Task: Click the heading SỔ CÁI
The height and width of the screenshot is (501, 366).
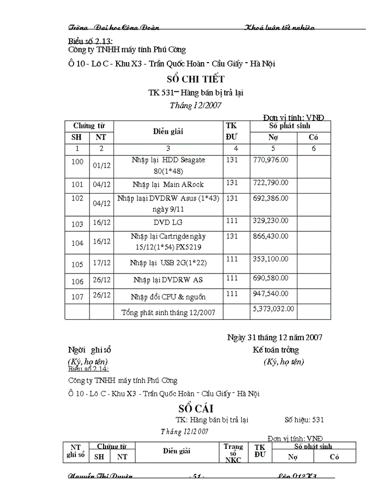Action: (x=196, y=408)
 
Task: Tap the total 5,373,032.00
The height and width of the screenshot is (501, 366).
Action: (x=273, y=308)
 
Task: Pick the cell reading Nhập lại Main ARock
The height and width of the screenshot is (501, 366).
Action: (x=168, y=184)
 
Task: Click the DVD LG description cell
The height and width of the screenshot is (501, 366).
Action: (x=168, y=223)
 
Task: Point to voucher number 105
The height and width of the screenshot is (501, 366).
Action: (x=77, y=264)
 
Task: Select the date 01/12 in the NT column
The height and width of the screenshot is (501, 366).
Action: (x=101, y=165)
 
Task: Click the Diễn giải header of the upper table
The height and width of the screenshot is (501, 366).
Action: (x=168, y=132)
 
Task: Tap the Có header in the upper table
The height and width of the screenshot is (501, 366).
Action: (x=313, y=138)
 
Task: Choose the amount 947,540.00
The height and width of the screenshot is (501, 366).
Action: (x=270, y=293)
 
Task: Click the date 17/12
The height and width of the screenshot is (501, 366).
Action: (x=101, y=264)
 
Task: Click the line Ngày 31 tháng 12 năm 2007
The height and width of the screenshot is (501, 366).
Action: (x=274, y=338)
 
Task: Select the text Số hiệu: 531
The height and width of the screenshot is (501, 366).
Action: (x=304, y=419)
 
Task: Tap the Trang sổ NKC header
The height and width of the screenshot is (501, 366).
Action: (x=233, y=453)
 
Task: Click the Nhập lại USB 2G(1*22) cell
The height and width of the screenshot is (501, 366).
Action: (x=168, y=263)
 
